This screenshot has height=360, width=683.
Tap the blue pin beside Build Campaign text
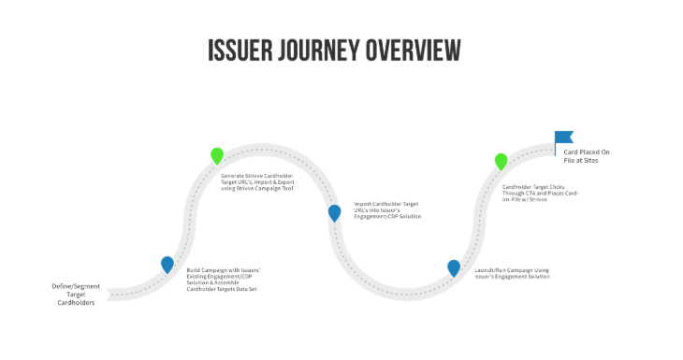(x=167, y=265)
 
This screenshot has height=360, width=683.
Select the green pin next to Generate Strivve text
(x=217, y=155)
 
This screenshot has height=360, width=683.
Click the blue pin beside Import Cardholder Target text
(x=334, y=212)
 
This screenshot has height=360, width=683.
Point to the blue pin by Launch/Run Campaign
(x=454, y=267)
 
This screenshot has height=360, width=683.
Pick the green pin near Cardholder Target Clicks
(x=501, y=161)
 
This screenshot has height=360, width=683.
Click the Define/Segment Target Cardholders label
(x=76, y=295)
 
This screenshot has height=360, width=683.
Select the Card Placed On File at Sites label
(x=587, y=155)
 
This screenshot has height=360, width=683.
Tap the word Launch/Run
(x=489, y=270)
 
